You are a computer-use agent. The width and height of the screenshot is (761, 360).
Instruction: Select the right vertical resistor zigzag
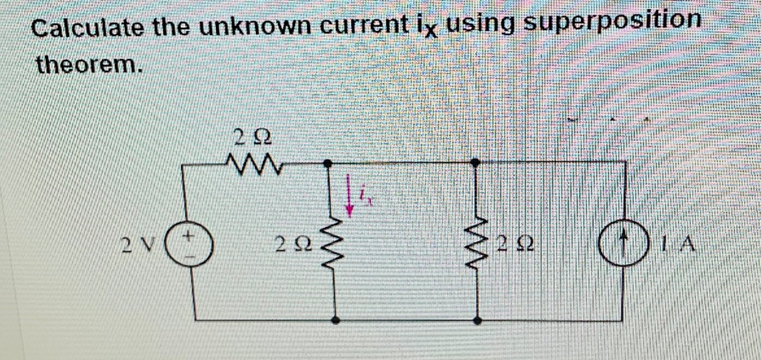coord(477,241)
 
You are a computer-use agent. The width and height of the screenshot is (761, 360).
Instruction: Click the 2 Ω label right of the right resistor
coord(513,242)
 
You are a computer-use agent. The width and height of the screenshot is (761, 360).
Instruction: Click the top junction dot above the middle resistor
coord(329,164)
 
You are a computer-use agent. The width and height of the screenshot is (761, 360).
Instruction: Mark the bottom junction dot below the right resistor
coord(477,318)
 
